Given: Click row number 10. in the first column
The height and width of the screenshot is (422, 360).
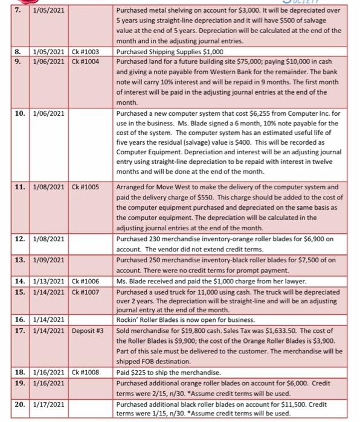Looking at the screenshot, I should pyautogui.click(x=20, y=113).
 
